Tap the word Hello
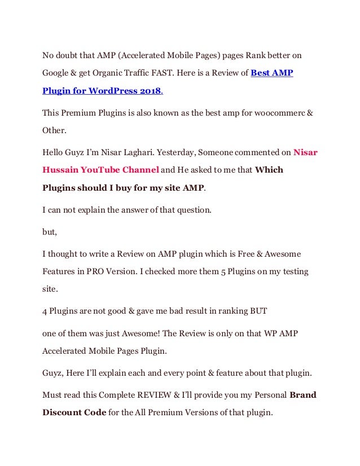pyautogui.click(x=54, y=152)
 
